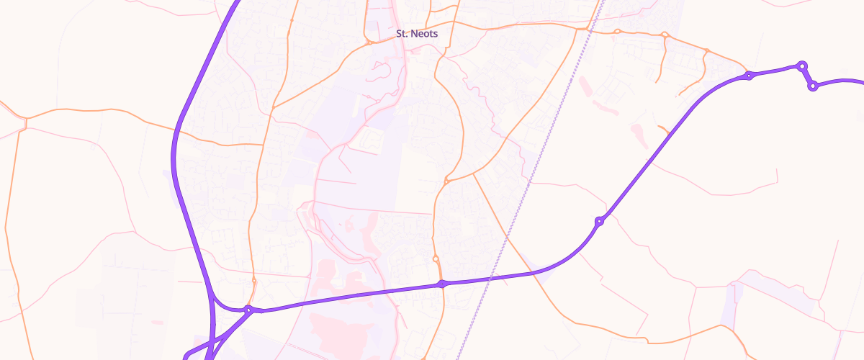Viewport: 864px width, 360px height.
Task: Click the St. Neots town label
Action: (417, 34)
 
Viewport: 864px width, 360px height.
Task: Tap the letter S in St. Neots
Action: (399, 34)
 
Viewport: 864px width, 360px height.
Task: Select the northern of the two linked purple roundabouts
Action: (801, 66)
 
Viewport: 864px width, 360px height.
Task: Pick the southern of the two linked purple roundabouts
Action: (813, 86)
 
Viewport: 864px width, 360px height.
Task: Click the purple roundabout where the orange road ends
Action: (749, 75)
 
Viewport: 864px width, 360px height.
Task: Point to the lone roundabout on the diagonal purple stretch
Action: (599, 221)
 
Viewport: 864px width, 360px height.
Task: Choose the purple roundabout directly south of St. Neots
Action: (442, 284)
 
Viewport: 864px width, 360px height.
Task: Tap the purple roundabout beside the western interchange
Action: (248, 310)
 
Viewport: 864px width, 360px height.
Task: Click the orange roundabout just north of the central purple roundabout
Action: (436, 259)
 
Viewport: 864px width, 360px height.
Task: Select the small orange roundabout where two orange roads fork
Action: (446, 181)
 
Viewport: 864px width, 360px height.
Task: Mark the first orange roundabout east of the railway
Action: (617, 31)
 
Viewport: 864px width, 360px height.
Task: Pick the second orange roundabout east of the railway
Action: (665, 35)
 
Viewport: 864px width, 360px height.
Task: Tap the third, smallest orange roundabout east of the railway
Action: (707, 50)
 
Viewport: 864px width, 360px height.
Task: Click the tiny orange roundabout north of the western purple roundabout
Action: (254, 281)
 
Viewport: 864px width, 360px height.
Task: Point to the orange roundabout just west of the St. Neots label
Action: (368, 42)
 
